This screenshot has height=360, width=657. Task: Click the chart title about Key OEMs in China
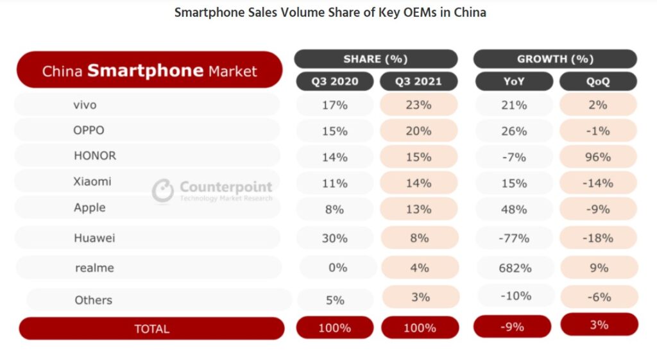[x=330, y=13]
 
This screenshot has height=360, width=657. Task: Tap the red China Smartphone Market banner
[x=149, y=70]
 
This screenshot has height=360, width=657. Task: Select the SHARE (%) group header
[x=375, y=59]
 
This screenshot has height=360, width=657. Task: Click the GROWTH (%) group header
[x=555, y=59]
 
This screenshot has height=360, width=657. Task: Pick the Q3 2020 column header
[x=335, y=81]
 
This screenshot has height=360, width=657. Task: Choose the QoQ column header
[x=598, y=81]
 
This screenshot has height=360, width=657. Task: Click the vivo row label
[x=85, y=105]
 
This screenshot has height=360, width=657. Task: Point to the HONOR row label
[x=94, y=156]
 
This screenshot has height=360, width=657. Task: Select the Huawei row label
[x=94, y=238]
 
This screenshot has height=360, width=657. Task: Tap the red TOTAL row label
[x=151, y=329]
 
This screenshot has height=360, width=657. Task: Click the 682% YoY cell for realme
[x=515, y=268]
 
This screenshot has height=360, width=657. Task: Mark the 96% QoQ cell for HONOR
[x=598, y=157]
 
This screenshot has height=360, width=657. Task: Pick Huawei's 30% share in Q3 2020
[x=335, y=238]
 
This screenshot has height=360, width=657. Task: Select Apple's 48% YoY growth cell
[x=515, y=209]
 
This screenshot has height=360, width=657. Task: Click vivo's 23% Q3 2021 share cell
[x=418, y=105]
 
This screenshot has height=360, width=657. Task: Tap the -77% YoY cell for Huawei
[x=515, y=238]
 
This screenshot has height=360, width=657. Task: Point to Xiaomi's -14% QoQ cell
[x=598, y=183]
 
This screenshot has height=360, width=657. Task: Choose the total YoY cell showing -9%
[x=512, y=327]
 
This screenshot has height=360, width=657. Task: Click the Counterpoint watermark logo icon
[x=163, y=190]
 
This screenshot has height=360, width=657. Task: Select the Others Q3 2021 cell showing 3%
[x=420, y=297]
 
